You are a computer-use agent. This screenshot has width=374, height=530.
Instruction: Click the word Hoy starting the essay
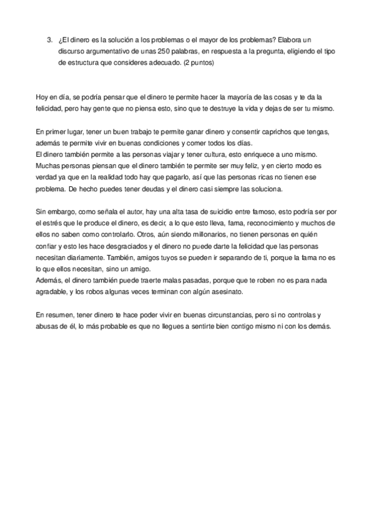(42, 97)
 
